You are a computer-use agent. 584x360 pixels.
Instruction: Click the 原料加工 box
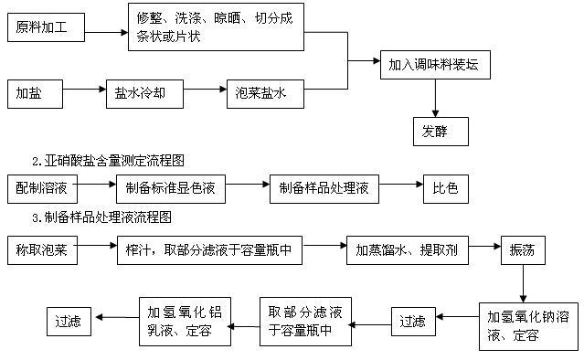tap(47, 27)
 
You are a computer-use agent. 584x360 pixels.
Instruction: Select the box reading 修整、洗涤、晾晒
tap(216, 26)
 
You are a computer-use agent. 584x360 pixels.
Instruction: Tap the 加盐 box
tap(35, 94)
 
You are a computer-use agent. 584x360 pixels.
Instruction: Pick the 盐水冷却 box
tap(145, 94)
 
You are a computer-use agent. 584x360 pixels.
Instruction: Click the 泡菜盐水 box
tap(266, 94)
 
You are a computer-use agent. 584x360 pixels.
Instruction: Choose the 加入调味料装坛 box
tap(435, 65)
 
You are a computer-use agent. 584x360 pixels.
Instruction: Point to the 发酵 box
tap(441, 132)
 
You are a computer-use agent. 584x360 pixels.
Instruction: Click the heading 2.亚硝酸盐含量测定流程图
tap(108, 161)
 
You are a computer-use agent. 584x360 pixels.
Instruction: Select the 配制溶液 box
tap(42, 189)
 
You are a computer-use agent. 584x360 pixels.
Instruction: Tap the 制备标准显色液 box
tap(171, 189)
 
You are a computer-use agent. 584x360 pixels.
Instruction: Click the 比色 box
tap(446, 189)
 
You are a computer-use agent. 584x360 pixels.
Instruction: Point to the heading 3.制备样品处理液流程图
tap(101, 217)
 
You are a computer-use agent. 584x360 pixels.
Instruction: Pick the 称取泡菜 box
tap(42, 250)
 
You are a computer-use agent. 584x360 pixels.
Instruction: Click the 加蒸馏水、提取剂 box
tap(408, 250)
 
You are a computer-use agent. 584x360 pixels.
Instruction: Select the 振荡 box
tap(523, 250)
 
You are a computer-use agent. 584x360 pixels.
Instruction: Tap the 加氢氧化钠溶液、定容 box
tap(528, 326)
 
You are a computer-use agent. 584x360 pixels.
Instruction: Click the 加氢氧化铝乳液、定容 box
tap(186, 322)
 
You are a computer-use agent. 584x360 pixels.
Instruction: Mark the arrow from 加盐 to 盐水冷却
tap(85, 90)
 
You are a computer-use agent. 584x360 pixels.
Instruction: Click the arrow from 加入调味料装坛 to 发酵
tap(435, 99)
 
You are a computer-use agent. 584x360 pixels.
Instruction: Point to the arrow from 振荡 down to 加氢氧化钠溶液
tap(523, 283)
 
